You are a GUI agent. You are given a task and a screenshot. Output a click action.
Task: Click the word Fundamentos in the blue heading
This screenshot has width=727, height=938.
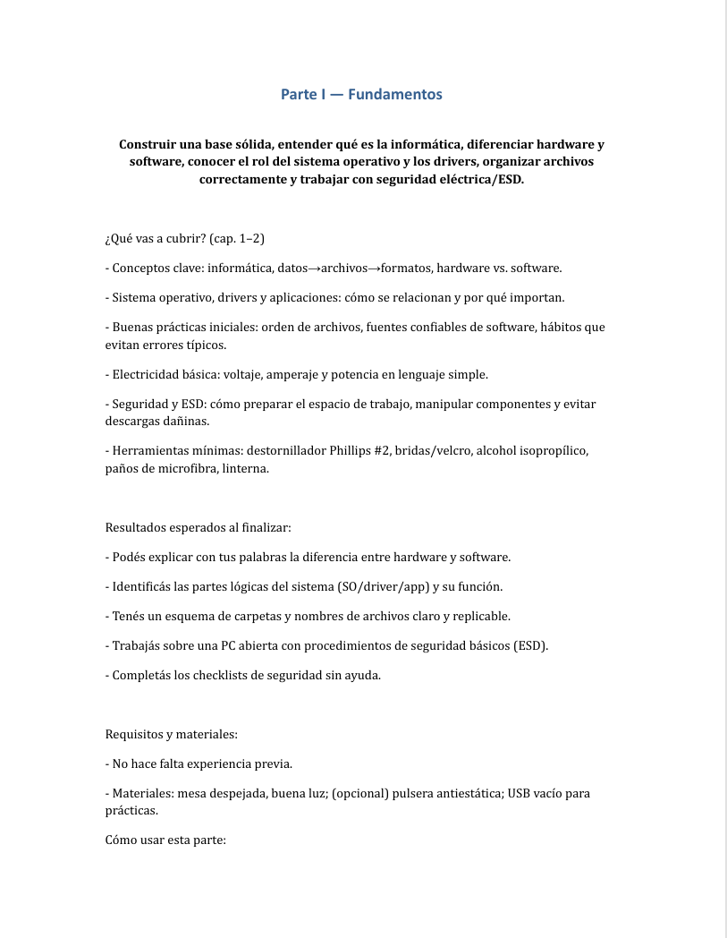[394, 94]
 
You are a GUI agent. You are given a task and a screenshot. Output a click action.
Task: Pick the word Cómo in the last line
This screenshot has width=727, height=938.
[123, 840]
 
